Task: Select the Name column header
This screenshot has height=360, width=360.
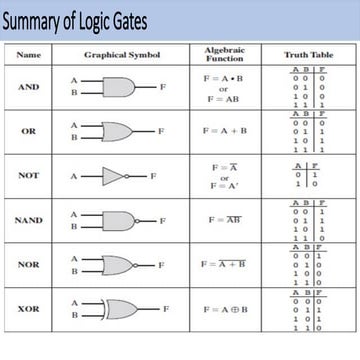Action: (29, 54)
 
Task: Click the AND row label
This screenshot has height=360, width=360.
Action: (29, 87)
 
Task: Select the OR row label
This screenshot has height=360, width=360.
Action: (29, 131)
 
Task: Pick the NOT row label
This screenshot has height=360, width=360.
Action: (29, 175)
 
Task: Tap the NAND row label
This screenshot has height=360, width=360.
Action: (29, 220)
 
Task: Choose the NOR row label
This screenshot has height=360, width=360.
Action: (29, 265)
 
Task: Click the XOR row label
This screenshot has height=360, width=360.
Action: (29, 309)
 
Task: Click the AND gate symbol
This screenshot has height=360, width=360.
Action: (119, 87)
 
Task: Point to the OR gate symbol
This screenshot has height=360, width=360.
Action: (119, 131)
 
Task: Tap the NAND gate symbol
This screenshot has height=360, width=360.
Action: (120, 220)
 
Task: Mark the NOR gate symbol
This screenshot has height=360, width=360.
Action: (120, 265)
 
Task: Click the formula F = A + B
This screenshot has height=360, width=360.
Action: (225, 131)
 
